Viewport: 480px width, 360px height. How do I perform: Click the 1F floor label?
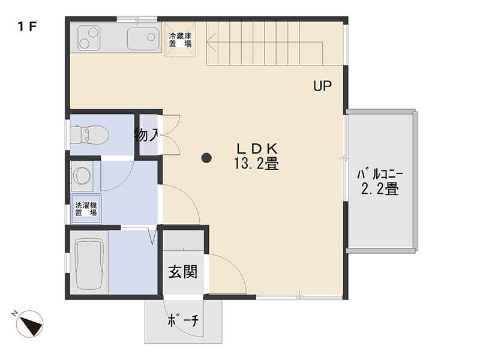coord(28,26)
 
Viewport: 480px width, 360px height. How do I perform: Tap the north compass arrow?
coord(29,325)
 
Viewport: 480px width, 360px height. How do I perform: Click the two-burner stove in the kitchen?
coord(89,38)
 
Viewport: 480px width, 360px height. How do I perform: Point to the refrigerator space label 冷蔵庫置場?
coord(180,40)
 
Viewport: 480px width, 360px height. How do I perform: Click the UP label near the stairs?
coord(322,86)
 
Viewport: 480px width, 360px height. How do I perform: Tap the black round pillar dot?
coord(206,158)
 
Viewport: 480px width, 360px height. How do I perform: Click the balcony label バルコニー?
coord(379,175)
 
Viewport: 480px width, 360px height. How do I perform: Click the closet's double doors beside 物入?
coord(170,134)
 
